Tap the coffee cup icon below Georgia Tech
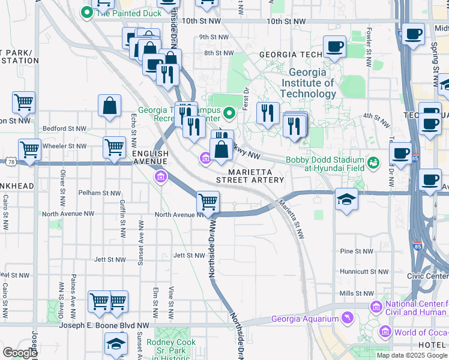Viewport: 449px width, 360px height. (334, 46)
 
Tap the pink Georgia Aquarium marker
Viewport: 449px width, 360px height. (346, 317)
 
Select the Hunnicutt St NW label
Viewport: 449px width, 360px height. (357, 272)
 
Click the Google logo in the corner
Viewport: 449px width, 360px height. (20, 353)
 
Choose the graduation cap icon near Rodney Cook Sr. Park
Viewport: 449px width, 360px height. (116, 344)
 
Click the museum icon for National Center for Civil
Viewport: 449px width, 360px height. (376, 307)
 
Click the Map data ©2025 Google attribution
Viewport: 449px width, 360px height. (411, 355)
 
